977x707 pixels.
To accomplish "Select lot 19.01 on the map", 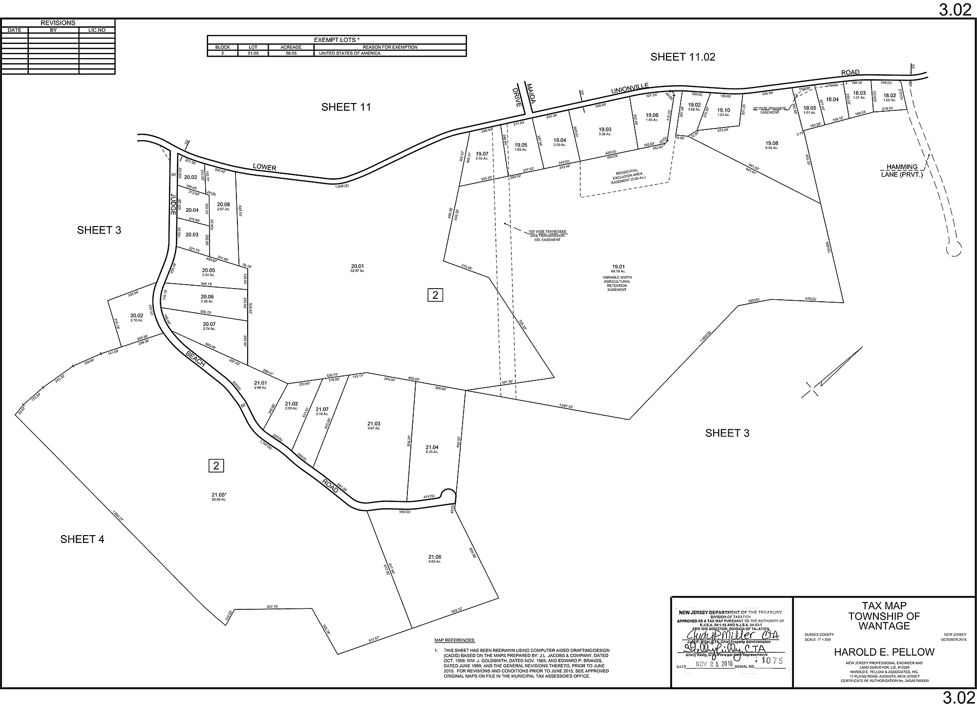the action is coord(617,267).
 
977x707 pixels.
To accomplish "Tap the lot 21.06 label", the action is coord(434,557).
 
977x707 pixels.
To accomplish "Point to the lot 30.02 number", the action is coord(136,315).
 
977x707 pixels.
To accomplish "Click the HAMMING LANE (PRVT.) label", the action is coord(902,170).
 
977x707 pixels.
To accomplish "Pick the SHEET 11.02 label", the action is coord(682,57).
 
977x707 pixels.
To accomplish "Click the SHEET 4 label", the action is coord(82,539).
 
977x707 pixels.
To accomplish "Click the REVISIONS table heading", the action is coord(58,23).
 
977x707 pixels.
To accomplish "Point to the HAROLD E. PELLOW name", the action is coord(884,652).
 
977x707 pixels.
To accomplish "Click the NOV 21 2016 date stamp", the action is coord(712,664).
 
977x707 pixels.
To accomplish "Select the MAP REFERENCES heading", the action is coord(454,640).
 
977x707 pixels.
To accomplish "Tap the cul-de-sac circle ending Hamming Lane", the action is coord(953,249).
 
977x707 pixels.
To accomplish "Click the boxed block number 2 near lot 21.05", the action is coord(216,465).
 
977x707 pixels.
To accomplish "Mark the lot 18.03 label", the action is coord(859,93).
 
